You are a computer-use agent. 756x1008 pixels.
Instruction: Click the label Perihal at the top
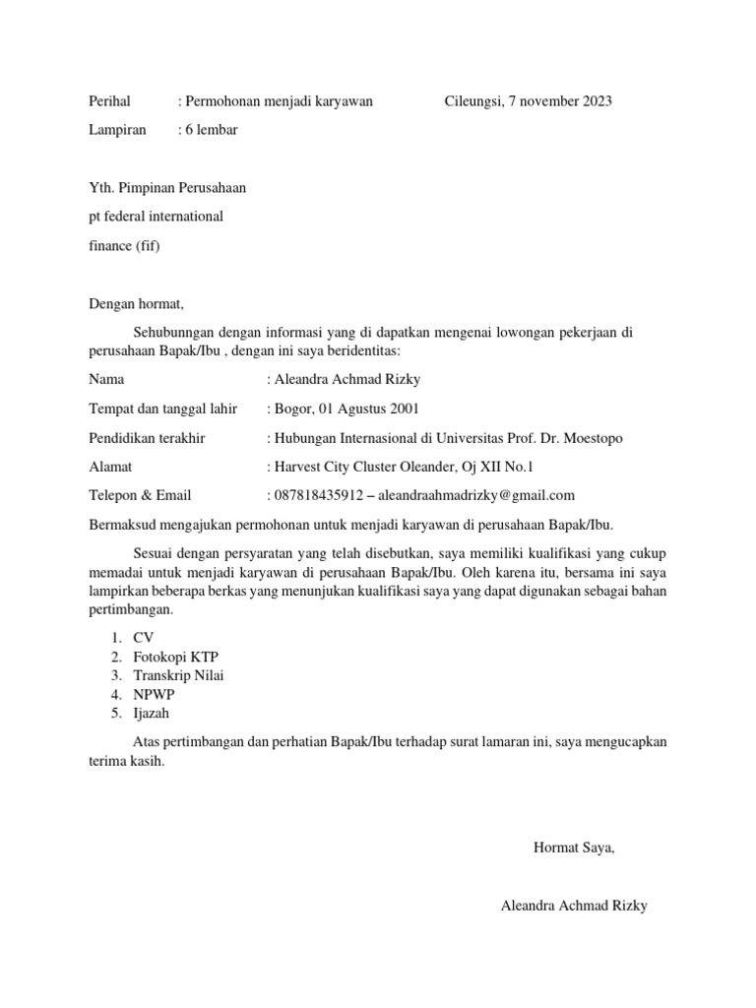pos(110,101)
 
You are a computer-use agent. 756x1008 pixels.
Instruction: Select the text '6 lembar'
pos(211,130)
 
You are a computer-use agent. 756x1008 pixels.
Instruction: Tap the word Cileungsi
pos(473,101)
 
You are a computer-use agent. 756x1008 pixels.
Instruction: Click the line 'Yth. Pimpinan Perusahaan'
pos(167,187)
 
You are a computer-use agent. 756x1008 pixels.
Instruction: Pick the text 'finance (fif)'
pos(124,245)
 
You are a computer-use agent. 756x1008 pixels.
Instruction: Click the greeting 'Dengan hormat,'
pos(136,303)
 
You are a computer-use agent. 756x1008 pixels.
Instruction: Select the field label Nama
pos(106,379)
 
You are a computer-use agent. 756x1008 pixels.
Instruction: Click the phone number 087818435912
pos(317,495)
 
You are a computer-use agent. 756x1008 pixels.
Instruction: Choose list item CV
pos(144,638)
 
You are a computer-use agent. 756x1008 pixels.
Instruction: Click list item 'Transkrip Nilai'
pos(178,675)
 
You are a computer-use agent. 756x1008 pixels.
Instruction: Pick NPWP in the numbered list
pos(154,694)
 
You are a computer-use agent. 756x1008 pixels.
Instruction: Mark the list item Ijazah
pos(153,713)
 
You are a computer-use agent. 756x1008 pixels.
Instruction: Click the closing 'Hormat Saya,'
pos(574,847)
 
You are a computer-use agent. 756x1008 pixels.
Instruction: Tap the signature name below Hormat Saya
pos(574,905)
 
